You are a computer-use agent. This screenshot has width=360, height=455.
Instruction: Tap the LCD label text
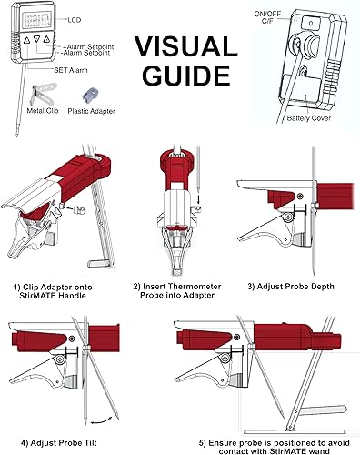[75, 18]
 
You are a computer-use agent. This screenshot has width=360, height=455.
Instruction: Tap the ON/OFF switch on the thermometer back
[300, 41]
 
